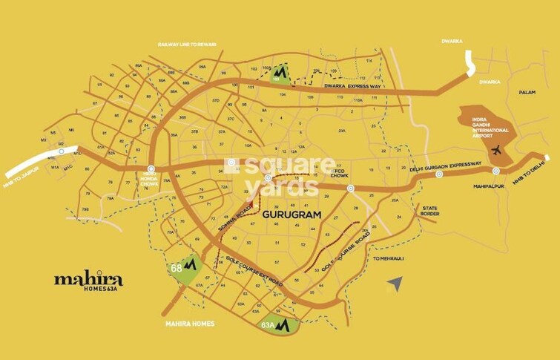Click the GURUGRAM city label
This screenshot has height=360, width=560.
click(x=291, y=215)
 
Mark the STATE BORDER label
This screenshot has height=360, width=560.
click(x=430, y=212)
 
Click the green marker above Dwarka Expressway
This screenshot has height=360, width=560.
click(x=280, y=77)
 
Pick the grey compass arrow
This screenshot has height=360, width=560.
click(x=395, y=283)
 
